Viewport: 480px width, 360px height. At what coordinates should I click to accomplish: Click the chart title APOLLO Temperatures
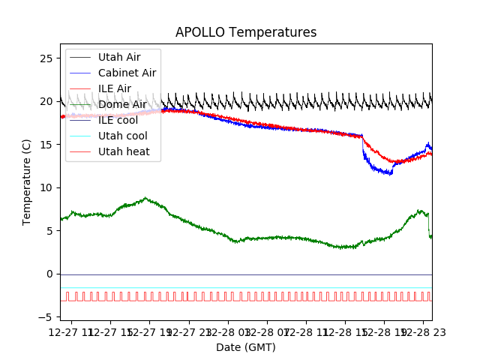click(245, 32)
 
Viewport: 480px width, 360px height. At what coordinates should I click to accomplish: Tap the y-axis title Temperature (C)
click(27, 181)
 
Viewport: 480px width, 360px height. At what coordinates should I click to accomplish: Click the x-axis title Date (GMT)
click(245, 347)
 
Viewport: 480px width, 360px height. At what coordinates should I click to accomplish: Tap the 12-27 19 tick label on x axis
click(149, 331)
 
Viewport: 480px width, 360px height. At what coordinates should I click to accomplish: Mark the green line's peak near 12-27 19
click(145, 198)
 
